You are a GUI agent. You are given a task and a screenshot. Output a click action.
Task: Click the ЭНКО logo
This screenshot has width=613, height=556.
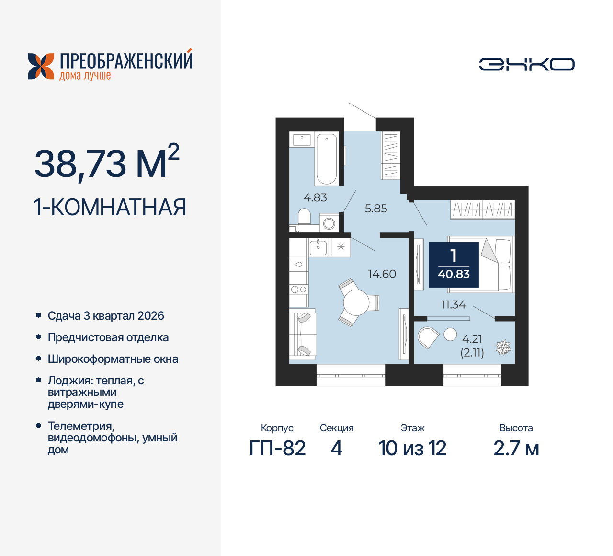(x=526, y=64)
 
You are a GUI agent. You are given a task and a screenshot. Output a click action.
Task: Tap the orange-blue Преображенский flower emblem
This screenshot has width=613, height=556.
(x=41, y=66)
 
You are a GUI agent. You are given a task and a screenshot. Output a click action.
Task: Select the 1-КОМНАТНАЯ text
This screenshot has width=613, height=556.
(x=110, y=208)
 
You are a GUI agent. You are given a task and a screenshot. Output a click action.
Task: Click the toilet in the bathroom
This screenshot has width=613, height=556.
(x=304, y=217)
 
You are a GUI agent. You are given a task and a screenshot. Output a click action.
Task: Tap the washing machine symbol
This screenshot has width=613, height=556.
(x=329, y=223)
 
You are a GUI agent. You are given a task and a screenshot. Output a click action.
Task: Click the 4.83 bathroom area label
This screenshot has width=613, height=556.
(x=315, y=197)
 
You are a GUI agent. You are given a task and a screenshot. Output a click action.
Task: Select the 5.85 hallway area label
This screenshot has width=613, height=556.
(x=375, y=208)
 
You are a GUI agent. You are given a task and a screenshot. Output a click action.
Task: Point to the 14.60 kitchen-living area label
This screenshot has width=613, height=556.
(x=382, y=274)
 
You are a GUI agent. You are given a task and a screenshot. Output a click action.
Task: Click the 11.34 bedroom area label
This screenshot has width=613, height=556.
(x=453, y=304)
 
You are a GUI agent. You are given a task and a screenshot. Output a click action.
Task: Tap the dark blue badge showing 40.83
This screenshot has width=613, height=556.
(x=454, y=265)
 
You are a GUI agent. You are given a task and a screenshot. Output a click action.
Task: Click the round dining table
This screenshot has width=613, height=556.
(x=356, y=303)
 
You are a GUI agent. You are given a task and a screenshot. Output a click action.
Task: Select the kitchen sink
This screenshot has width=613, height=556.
(x=318, y=247)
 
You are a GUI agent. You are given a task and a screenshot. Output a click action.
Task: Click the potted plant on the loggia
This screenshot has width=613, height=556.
(x=503, y=347)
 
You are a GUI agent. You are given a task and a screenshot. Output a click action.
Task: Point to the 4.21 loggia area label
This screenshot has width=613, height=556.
(x=472, y=339)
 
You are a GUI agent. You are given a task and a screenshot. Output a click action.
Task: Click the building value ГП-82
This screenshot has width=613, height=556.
(x=277, y=449)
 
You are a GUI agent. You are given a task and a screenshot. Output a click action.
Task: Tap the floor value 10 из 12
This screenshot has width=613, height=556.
(x=412, y=449)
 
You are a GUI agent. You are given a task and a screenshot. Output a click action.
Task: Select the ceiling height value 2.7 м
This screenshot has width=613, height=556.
(x=516, y=449)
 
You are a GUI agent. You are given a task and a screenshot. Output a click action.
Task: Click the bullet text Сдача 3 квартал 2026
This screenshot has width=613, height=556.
(x=106, y=316)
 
